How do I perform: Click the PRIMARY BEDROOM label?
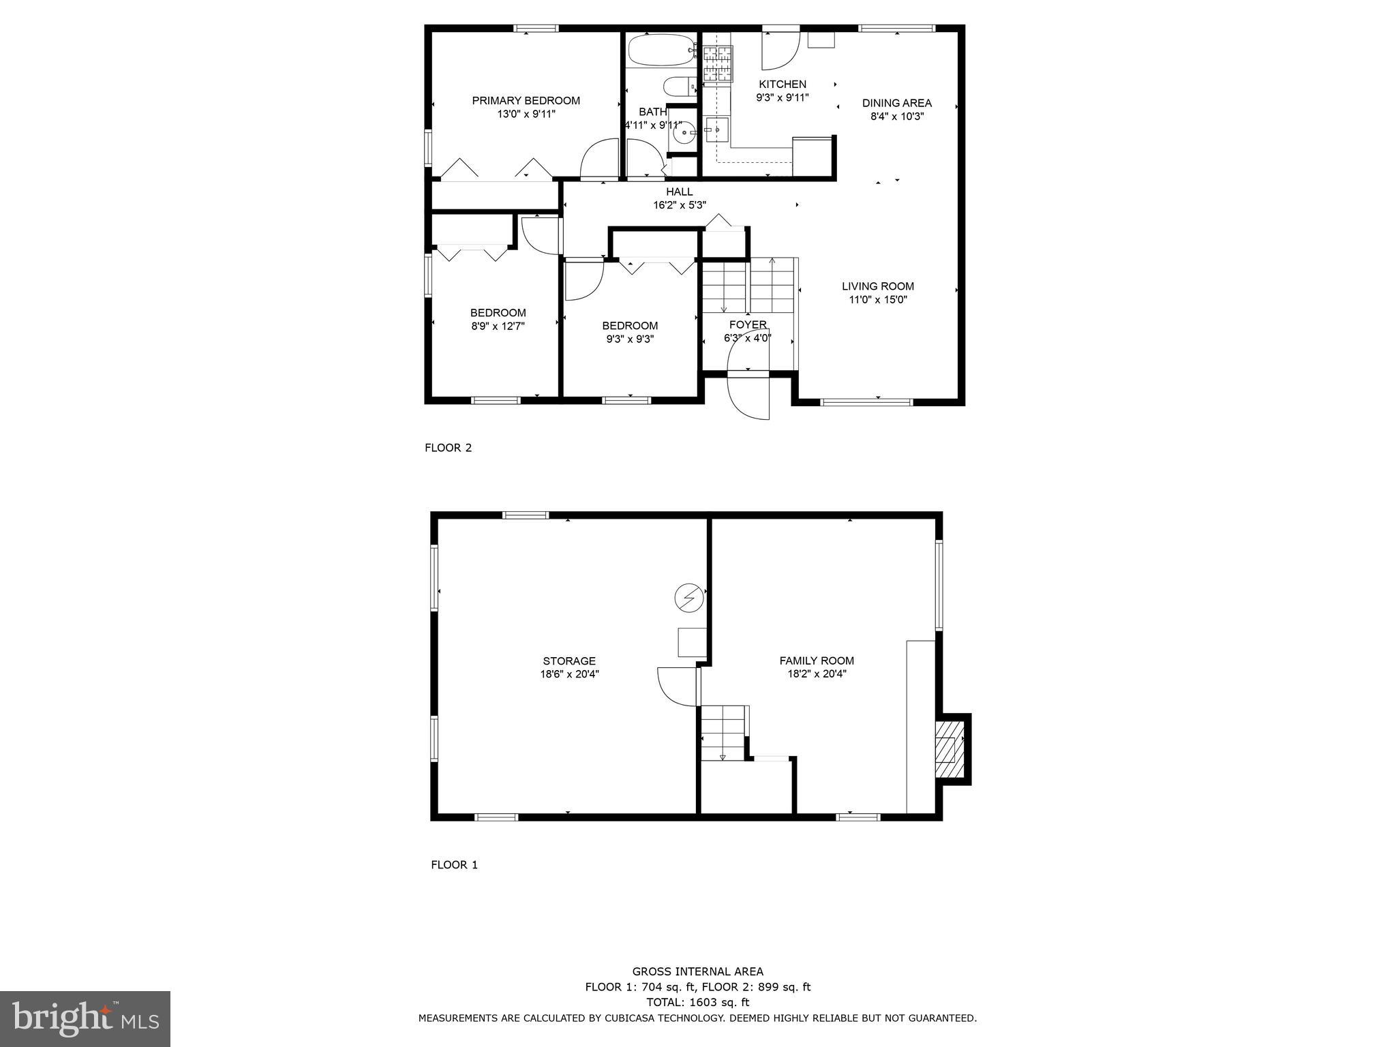coord(526,101)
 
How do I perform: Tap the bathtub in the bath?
coord(661,50)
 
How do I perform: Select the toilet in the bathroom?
coord(678,87)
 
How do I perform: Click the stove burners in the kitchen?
coord(717,64)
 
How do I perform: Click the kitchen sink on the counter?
coord(716,129)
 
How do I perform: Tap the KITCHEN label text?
coord(782,85)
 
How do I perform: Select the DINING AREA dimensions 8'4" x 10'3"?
coord(896,116)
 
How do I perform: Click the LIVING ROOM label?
coord(877,286)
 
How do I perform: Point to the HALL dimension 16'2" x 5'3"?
coord(679,204)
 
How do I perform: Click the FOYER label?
coord(748,324)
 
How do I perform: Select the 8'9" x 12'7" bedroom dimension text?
coord(498,326)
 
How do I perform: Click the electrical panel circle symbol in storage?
coord(688,598)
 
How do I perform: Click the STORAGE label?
coord(569,661)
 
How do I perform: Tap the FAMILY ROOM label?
coord(817,660)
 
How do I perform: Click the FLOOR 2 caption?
coord(448,448)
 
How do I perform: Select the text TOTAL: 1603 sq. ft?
coord(697,1002)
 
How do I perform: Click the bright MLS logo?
coord(85,1018)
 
